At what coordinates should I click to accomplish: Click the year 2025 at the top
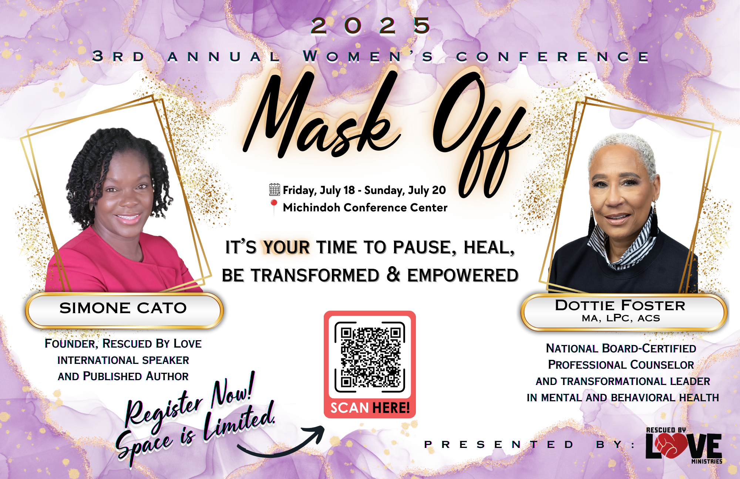[370, 26]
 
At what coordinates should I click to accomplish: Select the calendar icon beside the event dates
[275, 190]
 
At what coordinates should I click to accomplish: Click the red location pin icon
[274, 206]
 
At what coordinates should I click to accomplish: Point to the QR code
[370, 357]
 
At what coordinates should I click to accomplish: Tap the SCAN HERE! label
[370, 408]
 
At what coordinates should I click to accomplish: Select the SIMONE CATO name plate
[124, 310]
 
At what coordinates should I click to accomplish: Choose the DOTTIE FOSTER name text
[620, 305]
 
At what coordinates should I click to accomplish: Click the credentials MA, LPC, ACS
[621, 318]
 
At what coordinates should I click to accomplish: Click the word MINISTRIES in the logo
[707, 462]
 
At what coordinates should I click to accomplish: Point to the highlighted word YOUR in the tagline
[286, 247]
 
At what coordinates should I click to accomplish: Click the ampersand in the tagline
[393, 274]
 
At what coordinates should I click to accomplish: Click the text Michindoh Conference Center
[365, 207]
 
